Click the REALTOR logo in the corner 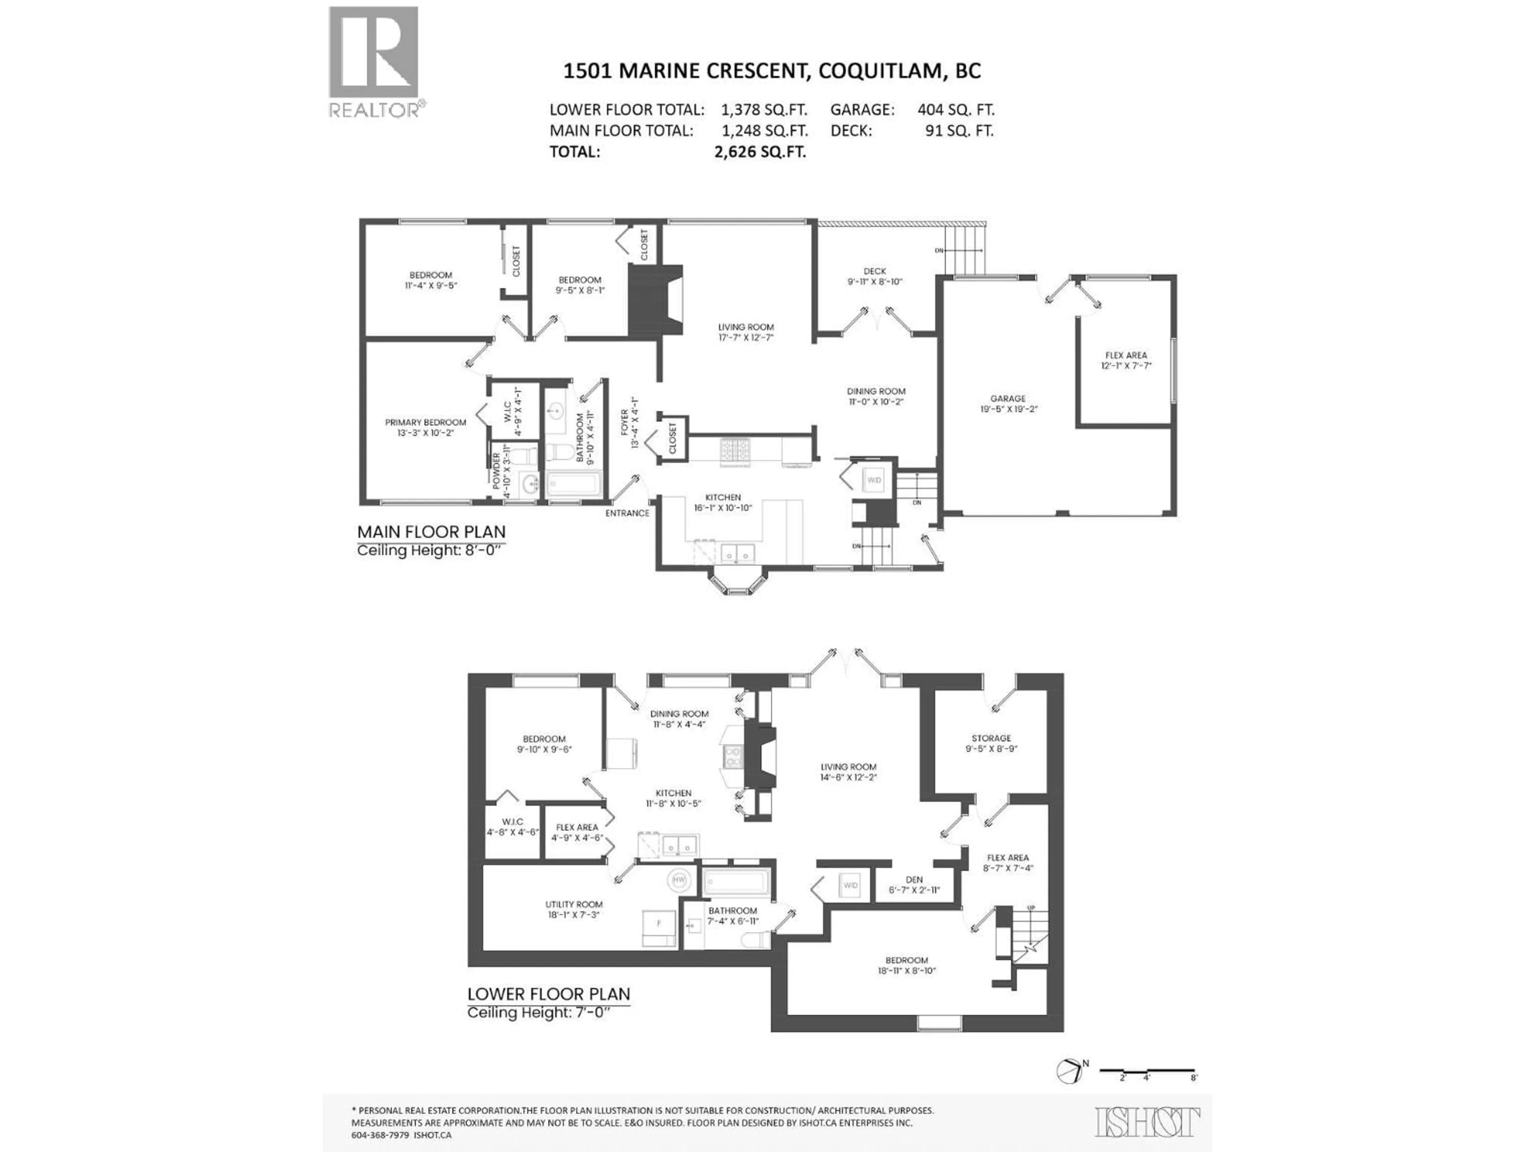pyautogui.click(x=374, y=61)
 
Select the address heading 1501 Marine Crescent pyautogui.click(x=772, y=71)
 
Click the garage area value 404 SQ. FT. pyautogui.click(x=956, y=110)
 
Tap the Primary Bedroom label pyautogui.click(x=425, y=422)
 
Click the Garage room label pyautogui.click(x=1008, y=398)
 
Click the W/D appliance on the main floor pyautogui.click(x=874, y=480)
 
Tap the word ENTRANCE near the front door pyautogui.click(x=627, y=513)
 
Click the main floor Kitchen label pyautogui.click(x=723, y=497)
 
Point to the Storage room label pyautogui.click(x=991, y=738)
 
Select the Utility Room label pyautogui.click(x=574, y=904)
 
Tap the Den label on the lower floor pyautogui.click(x=914, y=880)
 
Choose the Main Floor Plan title pyautogui.click(x=431, y=532)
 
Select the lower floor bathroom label pyautogui.click(x=732, y=910)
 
